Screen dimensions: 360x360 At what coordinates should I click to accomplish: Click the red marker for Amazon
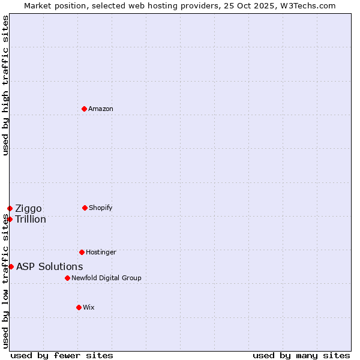[x=84, y=109]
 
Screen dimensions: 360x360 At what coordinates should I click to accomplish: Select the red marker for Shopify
[x=85, y=208]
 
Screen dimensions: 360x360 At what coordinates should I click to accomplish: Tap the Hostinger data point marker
[x=82, y=252]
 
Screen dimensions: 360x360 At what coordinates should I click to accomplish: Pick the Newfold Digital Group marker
[x=67, y=278]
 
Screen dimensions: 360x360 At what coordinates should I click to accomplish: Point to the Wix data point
[x=79, y=307]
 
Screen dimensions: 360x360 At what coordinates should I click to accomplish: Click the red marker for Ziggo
[x=10, y=208]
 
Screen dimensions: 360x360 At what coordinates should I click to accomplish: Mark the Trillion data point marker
[x=10, y=219]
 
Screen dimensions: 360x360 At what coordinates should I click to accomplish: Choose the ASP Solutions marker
[x=11, y=266]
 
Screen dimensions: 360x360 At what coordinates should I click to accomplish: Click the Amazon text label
[x=101, y=109]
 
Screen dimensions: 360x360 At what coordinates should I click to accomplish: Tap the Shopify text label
[x=101, y=208]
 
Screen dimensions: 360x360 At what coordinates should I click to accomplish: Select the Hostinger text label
[x=101, y=252]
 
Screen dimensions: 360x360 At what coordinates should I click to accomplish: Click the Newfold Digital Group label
[x=106, y=278]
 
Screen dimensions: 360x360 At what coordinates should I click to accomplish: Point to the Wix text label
[x=89, y=307]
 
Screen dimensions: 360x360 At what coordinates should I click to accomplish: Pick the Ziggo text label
[x=28, y=208]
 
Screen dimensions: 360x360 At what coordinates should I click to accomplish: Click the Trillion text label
[x=31, y=219]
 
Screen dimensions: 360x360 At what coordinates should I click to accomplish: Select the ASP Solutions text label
[x=50, y=266]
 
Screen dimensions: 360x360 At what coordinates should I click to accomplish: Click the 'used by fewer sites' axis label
[x=62, y=355]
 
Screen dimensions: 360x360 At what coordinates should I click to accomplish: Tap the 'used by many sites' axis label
[x=301, y=355]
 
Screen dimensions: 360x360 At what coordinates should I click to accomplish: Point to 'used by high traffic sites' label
[x=5, y=85]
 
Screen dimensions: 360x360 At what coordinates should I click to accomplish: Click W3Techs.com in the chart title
[x=306, y=5]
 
